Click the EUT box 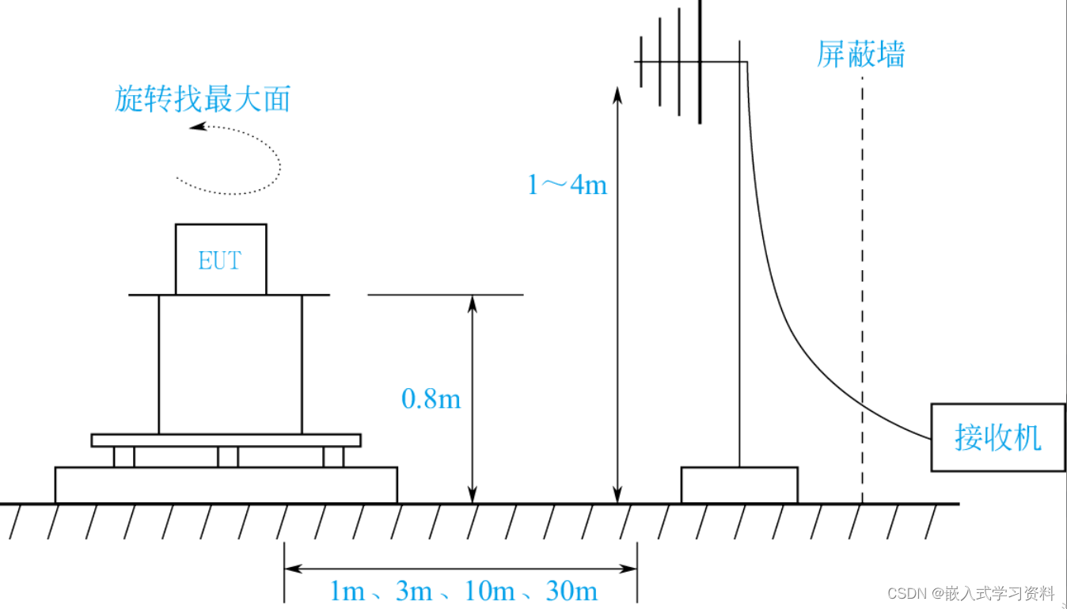[220, 260]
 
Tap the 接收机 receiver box [997, 438]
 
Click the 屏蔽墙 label [860, 55]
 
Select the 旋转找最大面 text [203, 100]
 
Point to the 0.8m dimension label [431, 398]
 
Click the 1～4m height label [567, 185]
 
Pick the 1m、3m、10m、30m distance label [463, 591]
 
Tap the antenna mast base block [739, 485]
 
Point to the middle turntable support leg [228, 457]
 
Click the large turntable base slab [226, 485]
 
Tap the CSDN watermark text [970, 593]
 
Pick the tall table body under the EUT [230, 364]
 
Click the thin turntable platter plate [226, 440]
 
